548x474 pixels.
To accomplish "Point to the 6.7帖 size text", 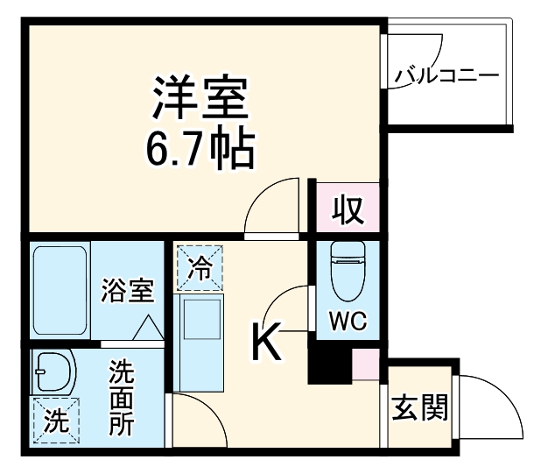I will click(x=200, y=149).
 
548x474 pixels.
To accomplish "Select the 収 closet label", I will click(x=348, y=211).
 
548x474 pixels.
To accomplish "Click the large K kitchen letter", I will click(x=267, y=341).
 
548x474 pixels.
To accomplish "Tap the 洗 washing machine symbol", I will click(x=55, y=421).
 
